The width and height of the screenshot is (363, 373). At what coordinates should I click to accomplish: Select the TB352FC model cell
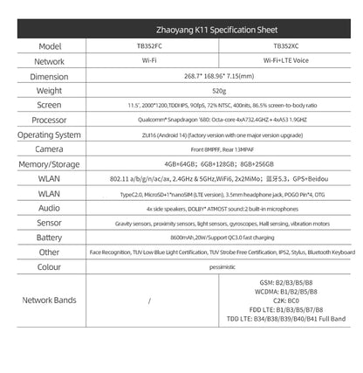point(151,46)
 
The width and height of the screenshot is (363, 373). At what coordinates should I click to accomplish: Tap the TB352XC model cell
point(285,46)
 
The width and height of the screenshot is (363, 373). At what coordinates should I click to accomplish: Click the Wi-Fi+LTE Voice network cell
point(285,62)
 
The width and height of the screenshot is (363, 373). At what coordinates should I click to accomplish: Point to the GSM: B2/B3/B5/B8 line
point(285,282)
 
